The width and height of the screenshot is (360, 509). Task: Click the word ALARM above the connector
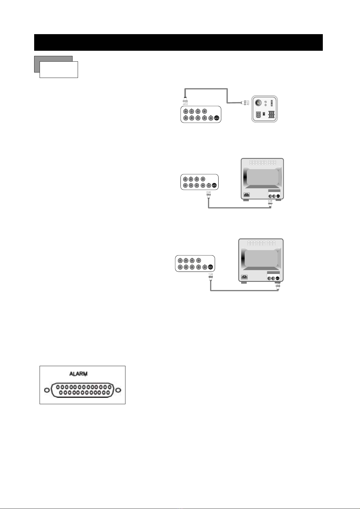(78, 374)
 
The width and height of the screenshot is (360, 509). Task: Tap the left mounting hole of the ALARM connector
(47, 390)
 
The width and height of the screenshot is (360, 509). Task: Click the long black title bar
(178, 42)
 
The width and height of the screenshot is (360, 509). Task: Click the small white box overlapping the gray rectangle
(59, 70)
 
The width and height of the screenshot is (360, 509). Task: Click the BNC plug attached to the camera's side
(245, 103)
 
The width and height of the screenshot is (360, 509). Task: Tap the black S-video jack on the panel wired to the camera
(216, 118)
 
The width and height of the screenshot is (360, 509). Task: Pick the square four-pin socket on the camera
(258, 115)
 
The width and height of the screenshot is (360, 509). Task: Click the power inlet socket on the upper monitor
(247, 195)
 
